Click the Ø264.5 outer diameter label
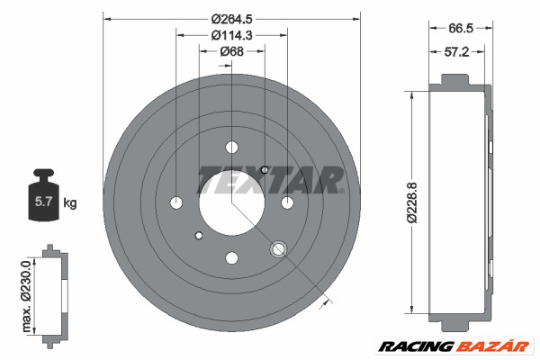pyautogui.click(x=231, y=19)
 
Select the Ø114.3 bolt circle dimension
pyautogui.click(x=231, y=35)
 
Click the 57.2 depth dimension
pyautogui.click(x=458, y=52)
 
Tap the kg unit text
pyautogui.click(x=71, y=203)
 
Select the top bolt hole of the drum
pyautogui.click(x=231, y=147)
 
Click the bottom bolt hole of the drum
pyautogui.click(x=231, y=257)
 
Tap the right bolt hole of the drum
pyautogui.click(x=287, y=202)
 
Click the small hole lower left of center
pyautogui.click(x=198, y=237)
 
